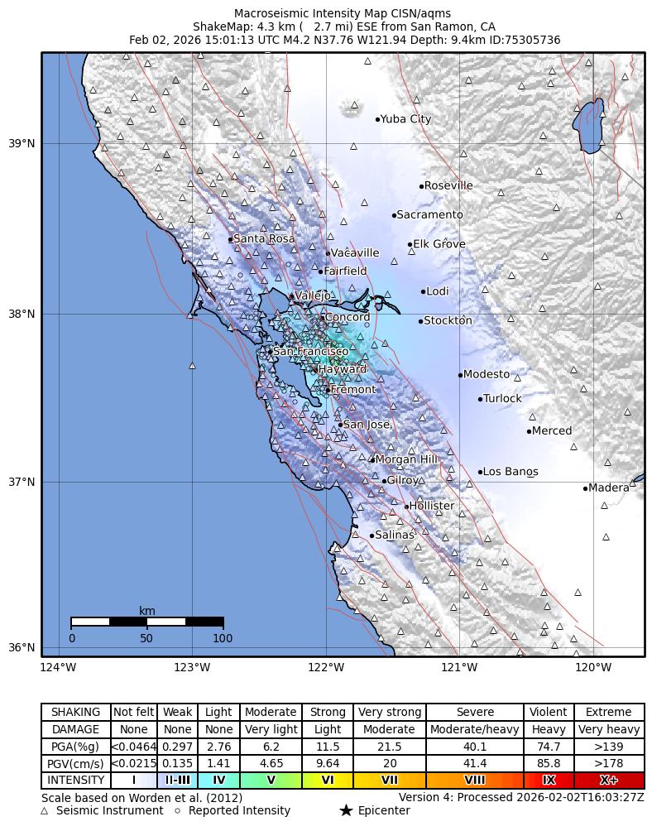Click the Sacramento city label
(429, 215)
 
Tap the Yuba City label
(405, 119)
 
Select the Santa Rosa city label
(264, 239)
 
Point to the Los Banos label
(511, 472)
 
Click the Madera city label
(609, 488)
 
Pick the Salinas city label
(394, 536)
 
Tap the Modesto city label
(487, 375)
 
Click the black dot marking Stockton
(420, 321)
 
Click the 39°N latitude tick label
(22, 144)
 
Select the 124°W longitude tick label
(58, 667)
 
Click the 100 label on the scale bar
(223, 638)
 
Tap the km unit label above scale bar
(147, 612)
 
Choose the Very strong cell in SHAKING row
(389, 713)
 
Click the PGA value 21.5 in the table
(389, 747)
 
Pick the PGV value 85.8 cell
(549, 764)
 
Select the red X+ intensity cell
(609, 781)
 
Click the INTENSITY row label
(76, 781)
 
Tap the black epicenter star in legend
(346, 811)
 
